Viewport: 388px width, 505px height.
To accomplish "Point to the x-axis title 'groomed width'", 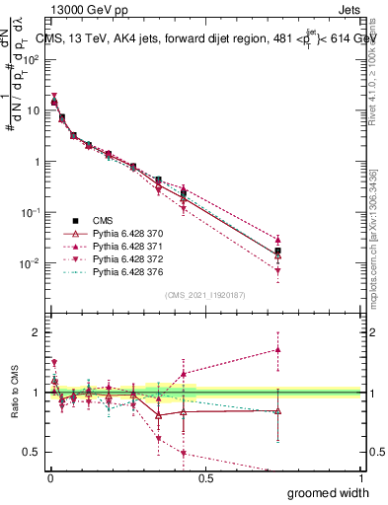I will [329, 492].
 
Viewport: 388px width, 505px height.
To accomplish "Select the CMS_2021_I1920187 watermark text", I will [204, 295].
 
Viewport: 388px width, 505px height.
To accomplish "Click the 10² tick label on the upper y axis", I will [30, 59].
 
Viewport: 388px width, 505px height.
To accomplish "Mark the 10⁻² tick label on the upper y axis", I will [30, 263].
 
